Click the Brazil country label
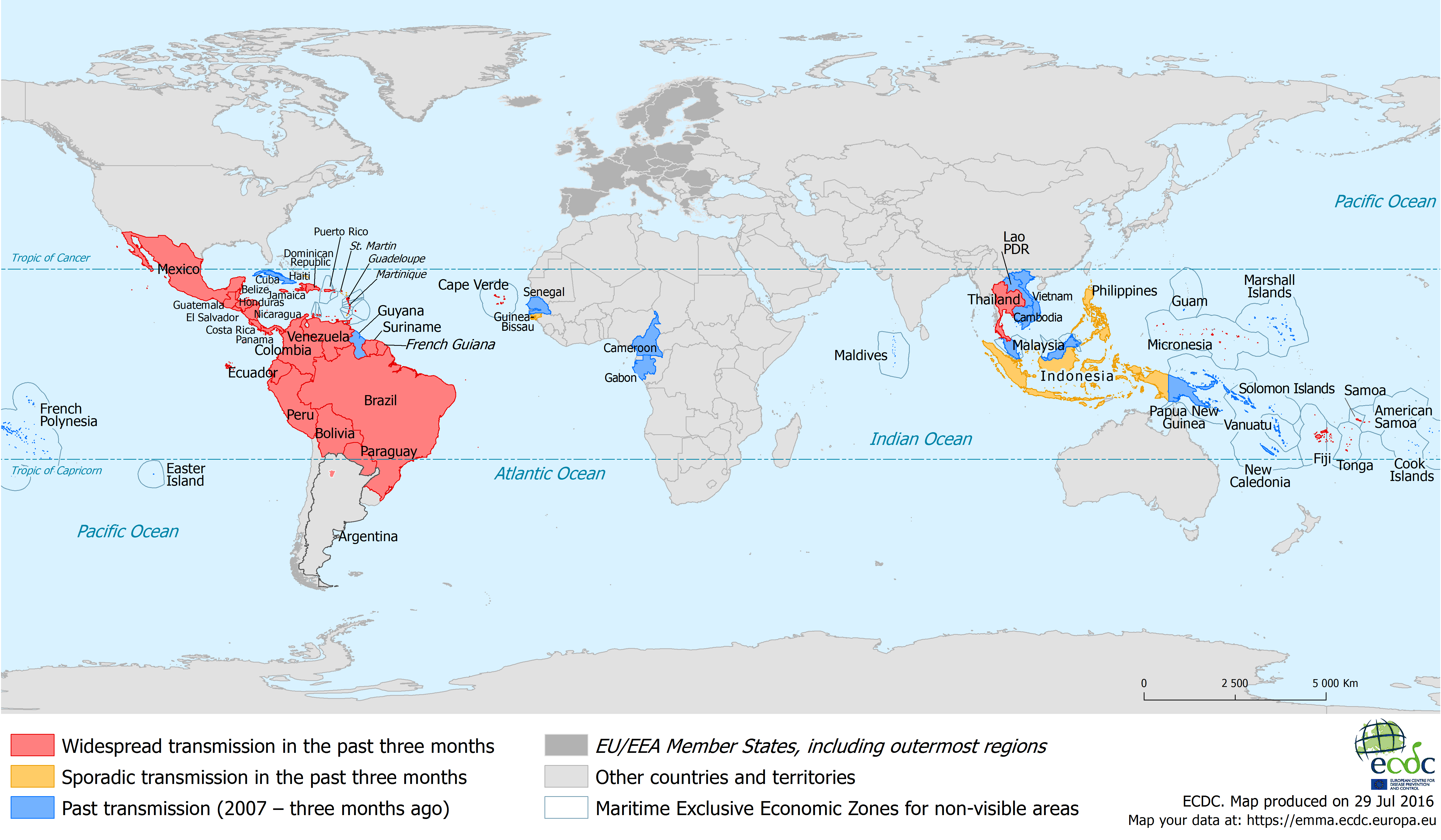pyautogui.click(x=380, y=401)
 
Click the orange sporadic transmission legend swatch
pyautogui.click(x=33, y=776)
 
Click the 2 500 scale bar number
pyautogui.click(x=1235, y=683)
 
